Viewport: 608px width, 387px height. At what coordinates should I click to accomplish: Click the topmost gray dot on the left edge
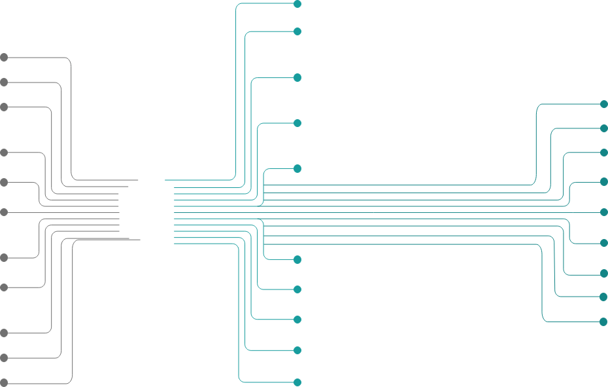4,58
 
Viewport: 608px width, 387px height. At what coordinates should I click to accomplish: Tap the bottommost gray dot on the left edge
4,382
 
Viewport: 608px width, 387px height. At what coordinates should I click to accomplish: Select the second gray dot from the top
4,83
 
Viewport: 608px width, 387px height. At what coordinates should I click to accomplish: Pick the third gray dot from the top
4,107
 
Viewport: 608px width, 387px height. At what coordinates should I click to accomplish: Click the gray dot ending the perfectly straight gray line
4,212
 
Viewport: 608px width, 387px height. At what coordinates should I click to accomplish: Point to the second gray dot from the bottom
4,358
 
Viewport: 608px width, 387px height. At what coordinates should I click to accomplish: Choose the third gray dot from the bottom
4,333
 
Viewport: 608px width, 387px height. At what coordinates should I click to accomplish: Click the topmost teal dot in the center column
297,4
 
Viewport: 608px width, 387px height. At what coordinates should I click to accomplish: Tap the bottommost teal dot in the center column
297,382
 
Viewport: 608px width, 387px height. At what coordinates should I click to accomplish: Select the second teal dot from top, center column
297,31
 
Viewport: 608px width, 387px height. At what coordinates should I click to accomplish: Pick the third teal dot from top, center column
297,78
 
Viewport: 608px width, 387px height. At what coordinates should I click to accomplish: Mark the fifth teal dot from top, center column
297,169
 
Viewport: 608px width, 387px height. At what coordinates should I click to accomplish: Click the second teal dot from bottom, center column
297,350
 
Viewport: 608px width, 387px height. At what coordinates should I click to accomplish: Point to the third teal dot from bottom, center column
297,320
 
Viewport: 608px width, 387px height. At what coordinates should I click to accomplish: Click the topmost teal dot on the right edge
604,105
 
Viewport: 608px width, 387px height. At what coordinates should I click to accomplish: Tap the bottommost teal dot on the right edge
603,322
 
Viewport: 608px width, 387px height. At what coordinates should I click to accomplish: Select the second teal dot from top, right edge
604,129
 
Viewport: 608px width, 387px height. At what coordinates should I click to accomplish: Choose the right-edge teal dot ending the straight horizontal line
604,212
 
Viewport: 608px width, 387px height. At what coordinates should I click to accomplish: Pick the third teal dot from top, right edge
604,153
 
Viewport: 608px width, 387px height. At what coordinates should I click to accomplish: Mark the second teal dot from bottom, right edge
604,297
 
